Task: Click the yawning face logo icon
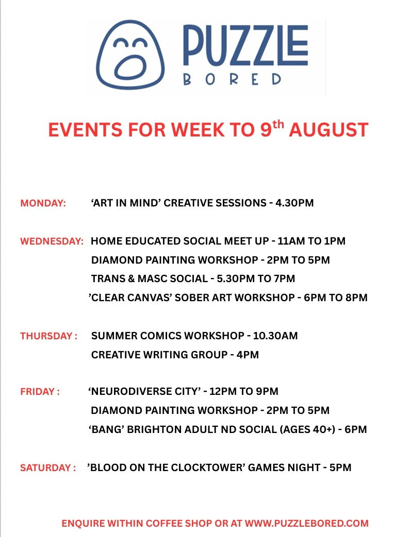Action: (130, 55)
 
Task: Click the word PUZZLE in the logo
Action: (245, 45)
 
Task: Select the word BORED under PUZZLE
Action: (233, 79)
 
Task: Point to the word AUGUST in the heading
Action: (329, 130)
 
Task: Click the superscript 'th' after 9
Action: (278, 125)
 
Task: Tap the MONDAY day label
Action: (43, 203)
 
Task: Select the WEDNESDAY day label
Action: (52, 241)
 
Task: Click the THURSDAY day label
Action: (48, 336)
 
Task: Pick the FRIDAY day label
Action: (40, 391)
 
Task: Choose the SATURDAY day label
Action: (48, 468)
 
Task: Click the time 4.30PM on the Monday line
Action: (294, 203)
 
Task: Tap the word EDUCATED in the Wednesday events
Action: (148, 241)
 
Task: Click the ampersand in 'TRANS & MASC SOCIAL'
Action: (131, 279)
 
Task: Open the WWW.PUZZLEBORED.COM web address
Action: (307, 524)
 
